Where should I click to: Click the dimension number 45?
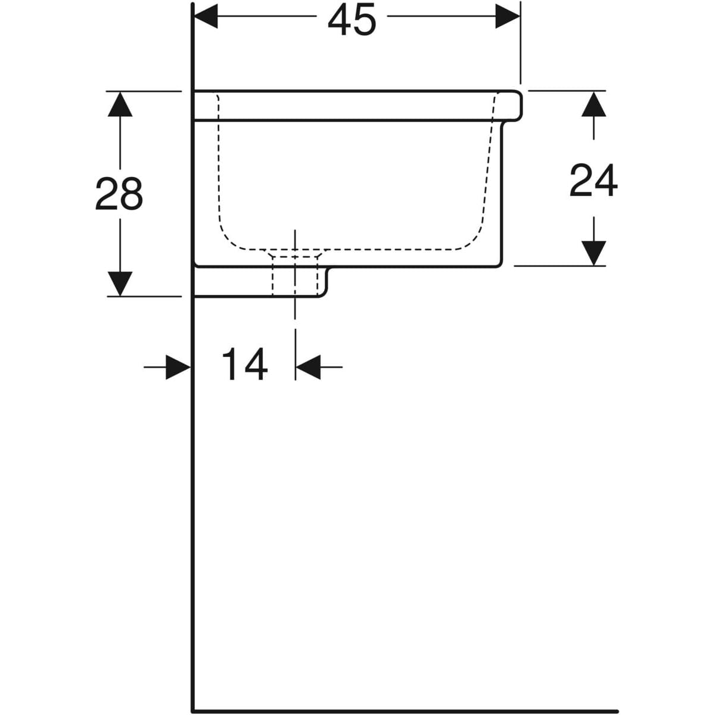tap(352, 19)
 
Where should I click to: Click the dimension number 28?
tap(119, 194)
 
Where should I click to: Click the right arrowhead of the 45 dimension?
tap(508, 19)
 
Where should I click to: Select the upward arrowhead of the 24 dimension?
tap(593, 104)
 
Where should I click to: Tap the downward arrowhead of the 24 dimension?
tap(593, 253)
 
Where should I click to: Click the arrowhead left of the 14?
tap(178, 367)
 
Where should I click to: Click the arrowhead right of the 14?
tap(308, 367)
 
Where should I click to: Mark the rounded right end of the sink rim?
tap(520, 105)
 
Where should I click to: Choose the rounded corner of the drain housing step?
tap(325, 293)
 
